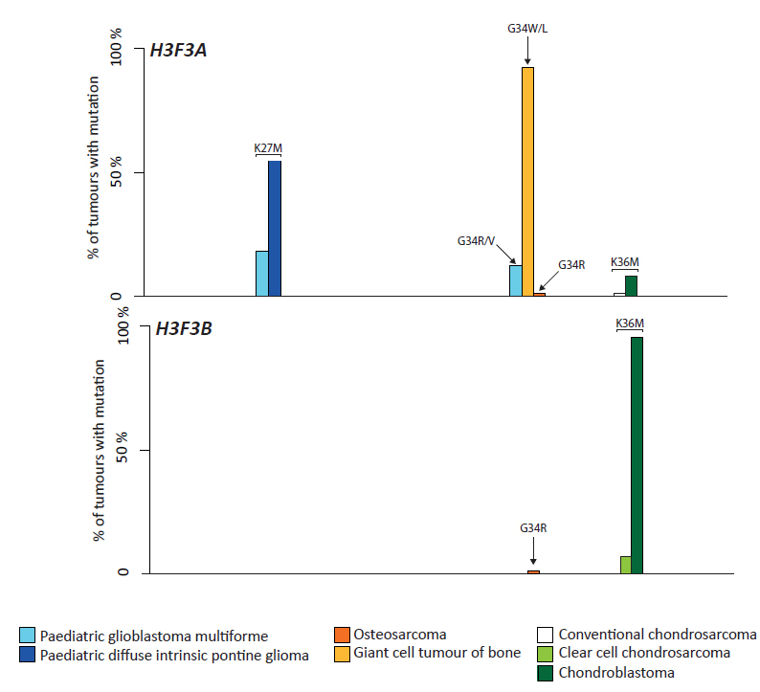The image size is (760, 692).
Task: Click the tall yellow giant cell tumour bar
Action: (527, 181)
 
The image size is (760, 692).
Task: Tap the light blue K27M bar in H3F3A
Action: (261, 273)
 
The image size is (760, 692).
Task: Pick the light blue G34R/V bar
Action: (515, 279)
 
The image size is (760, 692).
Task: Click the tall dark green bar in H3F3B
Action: (637, 455)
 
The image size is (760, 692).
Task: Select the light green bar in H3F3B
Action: (625, 565)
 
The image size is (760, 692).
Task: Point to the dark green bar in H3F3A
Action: (631, 285)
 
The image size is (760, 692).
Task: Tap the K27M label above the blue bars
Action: (268, 147)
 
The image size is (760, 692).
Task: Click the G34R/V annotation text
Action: (475, 240)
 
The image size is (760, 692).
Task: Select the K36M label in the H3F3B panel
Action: (629, 324)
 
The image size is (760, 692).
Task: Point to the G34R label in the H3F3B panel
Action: (533, 527)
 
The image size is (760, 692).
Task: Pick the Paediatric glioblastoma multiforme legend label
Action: (153, 636)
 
